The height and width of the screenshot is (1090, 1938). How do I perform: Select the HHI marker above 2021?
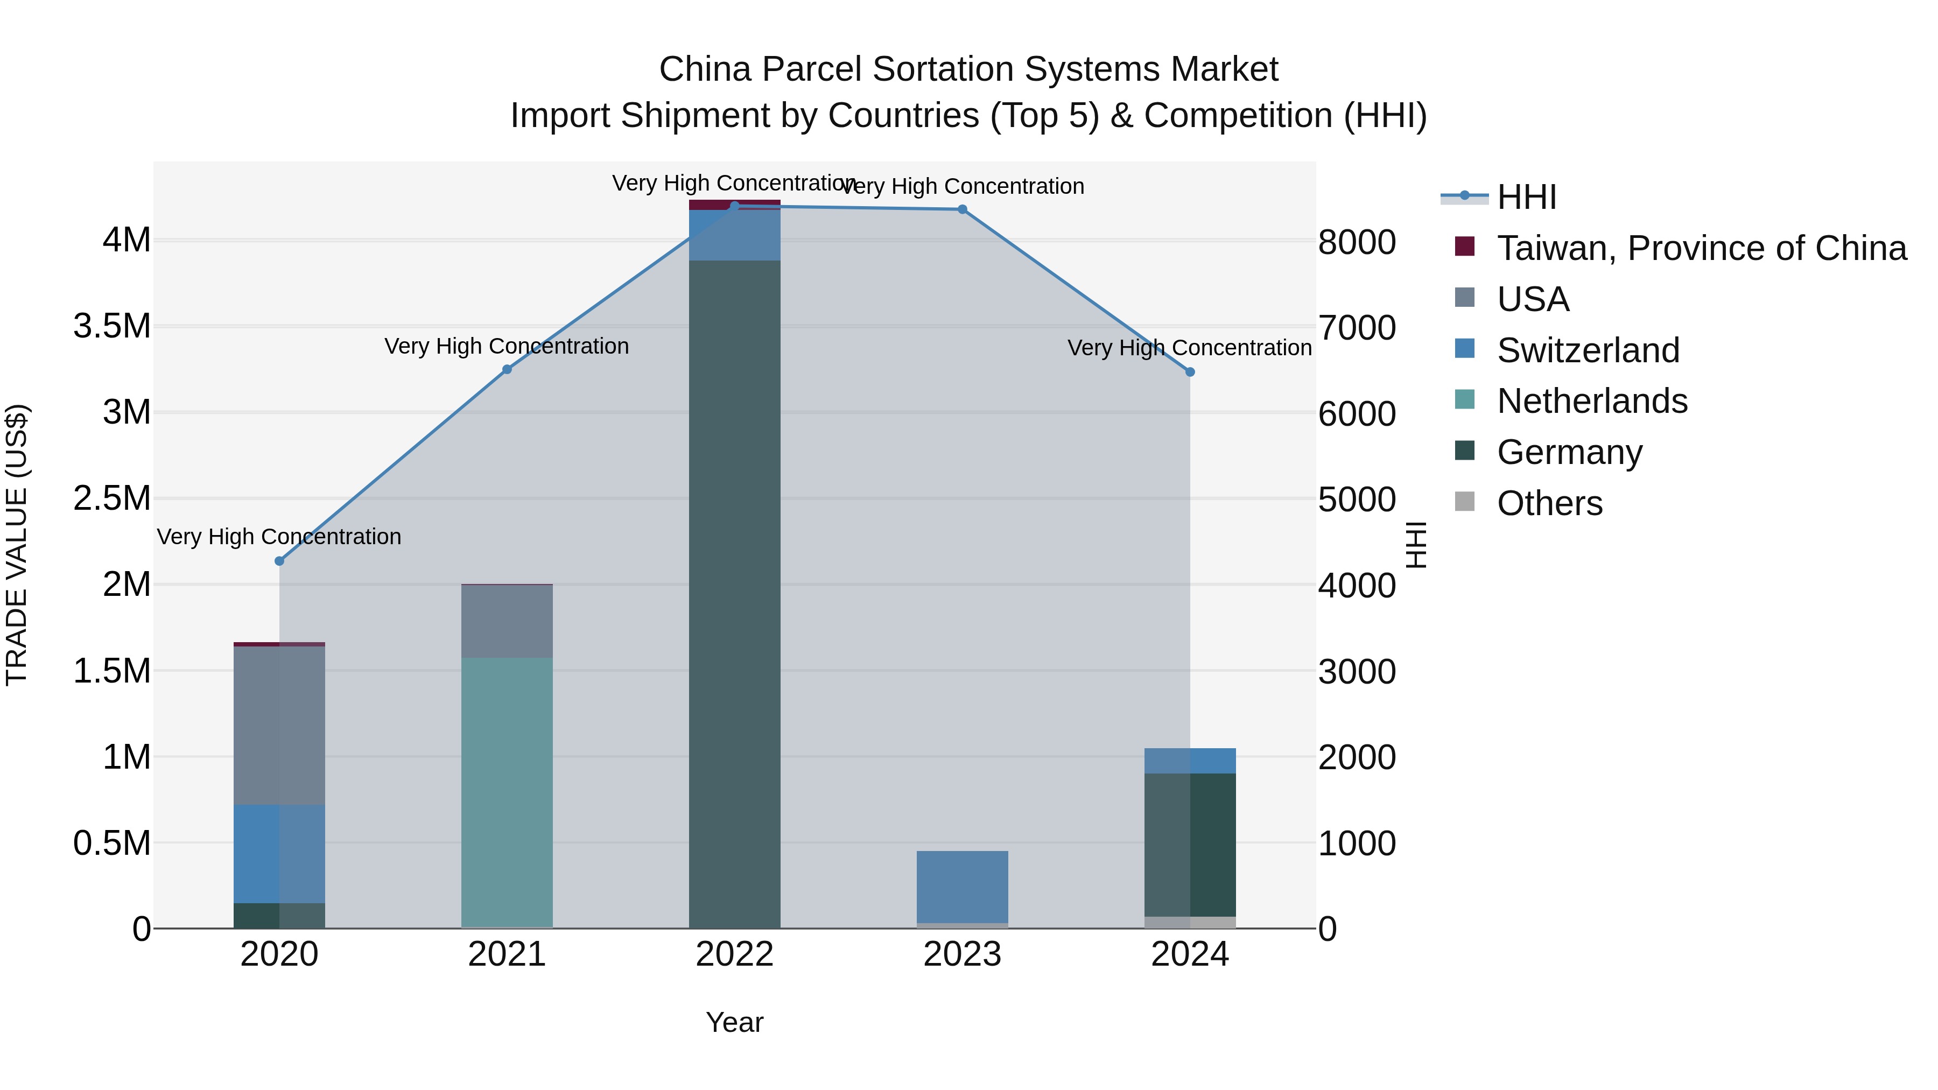tap(507, 369)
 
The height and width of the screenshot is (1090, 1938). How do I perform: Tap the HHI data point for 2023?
tap(962, 210)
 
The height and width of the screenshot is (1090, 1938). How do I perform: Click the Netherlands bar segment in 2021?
tap(507, 790)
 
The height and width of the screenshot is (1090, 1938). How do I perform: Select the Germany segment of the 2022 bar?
tap(734, 594)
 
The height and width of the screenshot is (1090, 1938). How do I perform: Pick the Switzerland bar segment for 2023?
tap(962, 886)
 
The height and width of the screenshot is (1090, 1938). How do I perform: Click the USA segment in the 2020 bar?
tap(279, 725)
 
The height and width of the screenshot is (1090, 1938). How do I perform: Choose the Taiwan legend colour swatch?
tap(1465, 247)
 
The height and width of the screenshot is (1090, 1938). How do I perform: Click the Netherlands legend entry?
tap(1591, 401)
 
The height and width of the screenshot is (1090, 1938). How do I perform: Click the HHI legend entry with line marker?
tap(1526, 197)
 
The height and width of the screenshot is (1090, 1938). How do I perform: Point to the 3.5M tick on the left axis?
tap(112, 327)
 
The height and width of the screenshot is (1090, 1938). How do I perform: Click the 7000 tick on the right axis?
tap(1357, 328)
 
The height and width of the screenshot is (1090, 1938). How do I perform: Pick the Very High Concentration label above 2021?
tap(507, 347)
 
